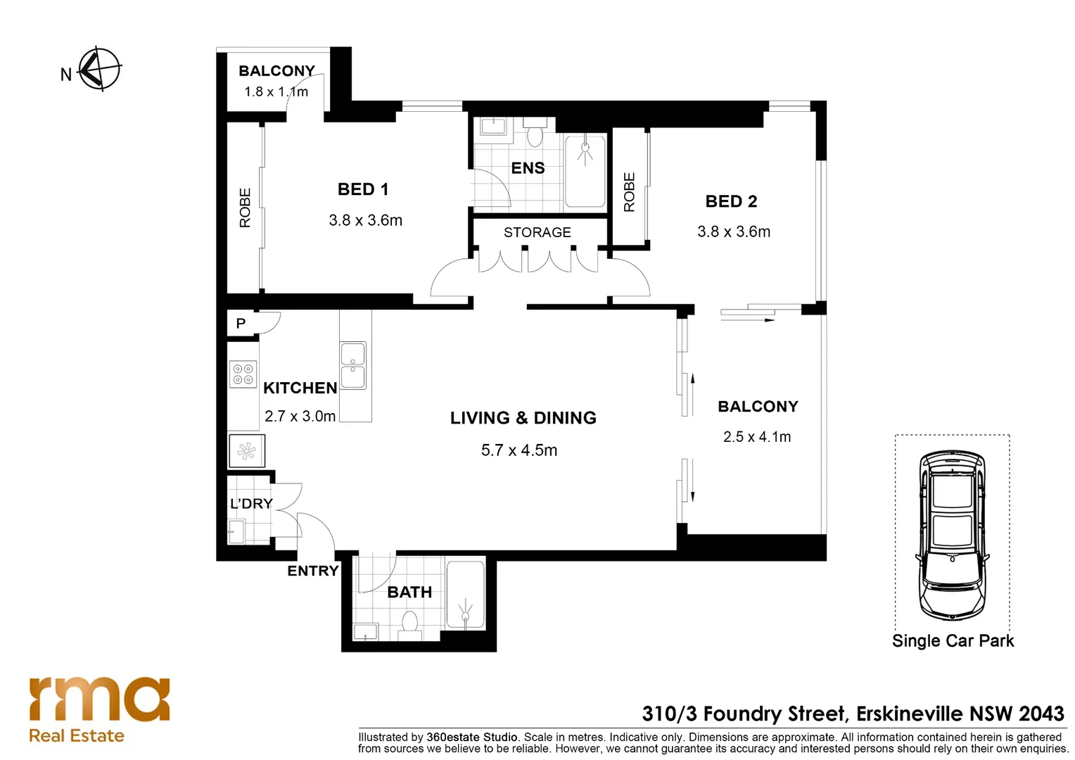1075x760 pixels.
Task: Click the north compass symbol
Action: click(x=100, y=70)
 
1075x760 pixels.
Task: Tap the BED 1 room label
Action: click(x=363, y=189)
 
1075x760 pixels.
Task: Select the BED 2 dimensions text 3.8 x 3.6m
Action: click(x=734, y=232)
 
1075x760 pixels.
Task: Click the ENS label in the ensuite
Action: click(x=528, y=168)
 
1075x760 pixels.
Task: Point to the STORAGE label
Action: click(x=537, y=232)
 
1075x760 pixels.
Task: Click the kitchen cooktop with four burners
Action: click(x=243, y=374)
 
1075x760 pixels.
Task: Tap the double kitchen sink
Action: click(x=353, y=365)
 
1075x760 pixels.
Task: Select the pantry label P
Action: click(x=241, y=324)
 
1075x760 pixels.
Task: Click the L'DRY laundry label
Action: click(x=251, y=504)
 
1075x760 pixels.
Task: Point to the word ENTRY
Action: click(x=313, y=571)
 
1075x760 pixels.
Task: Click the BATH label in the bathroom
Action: click(x=409, y=593)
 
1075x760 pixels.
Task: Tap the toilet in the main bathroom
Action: click(x=409, y=625)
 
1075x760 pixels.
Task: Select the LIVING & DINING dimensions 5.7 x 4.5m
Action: click(x=519, y=450)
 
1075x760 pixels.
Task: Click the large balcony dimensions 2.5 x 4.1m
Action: click(x=757, y=437)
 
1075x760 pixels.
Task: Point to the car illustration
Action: click(x=953, y=536)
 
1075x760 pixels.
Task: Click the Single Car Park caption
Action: click(x=953, y=641)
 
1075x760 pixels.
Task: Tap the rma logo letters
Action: click(x=99, y=699)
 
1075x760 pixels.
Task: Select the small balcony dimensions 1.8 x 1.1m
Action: click(x=276, y=91)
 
